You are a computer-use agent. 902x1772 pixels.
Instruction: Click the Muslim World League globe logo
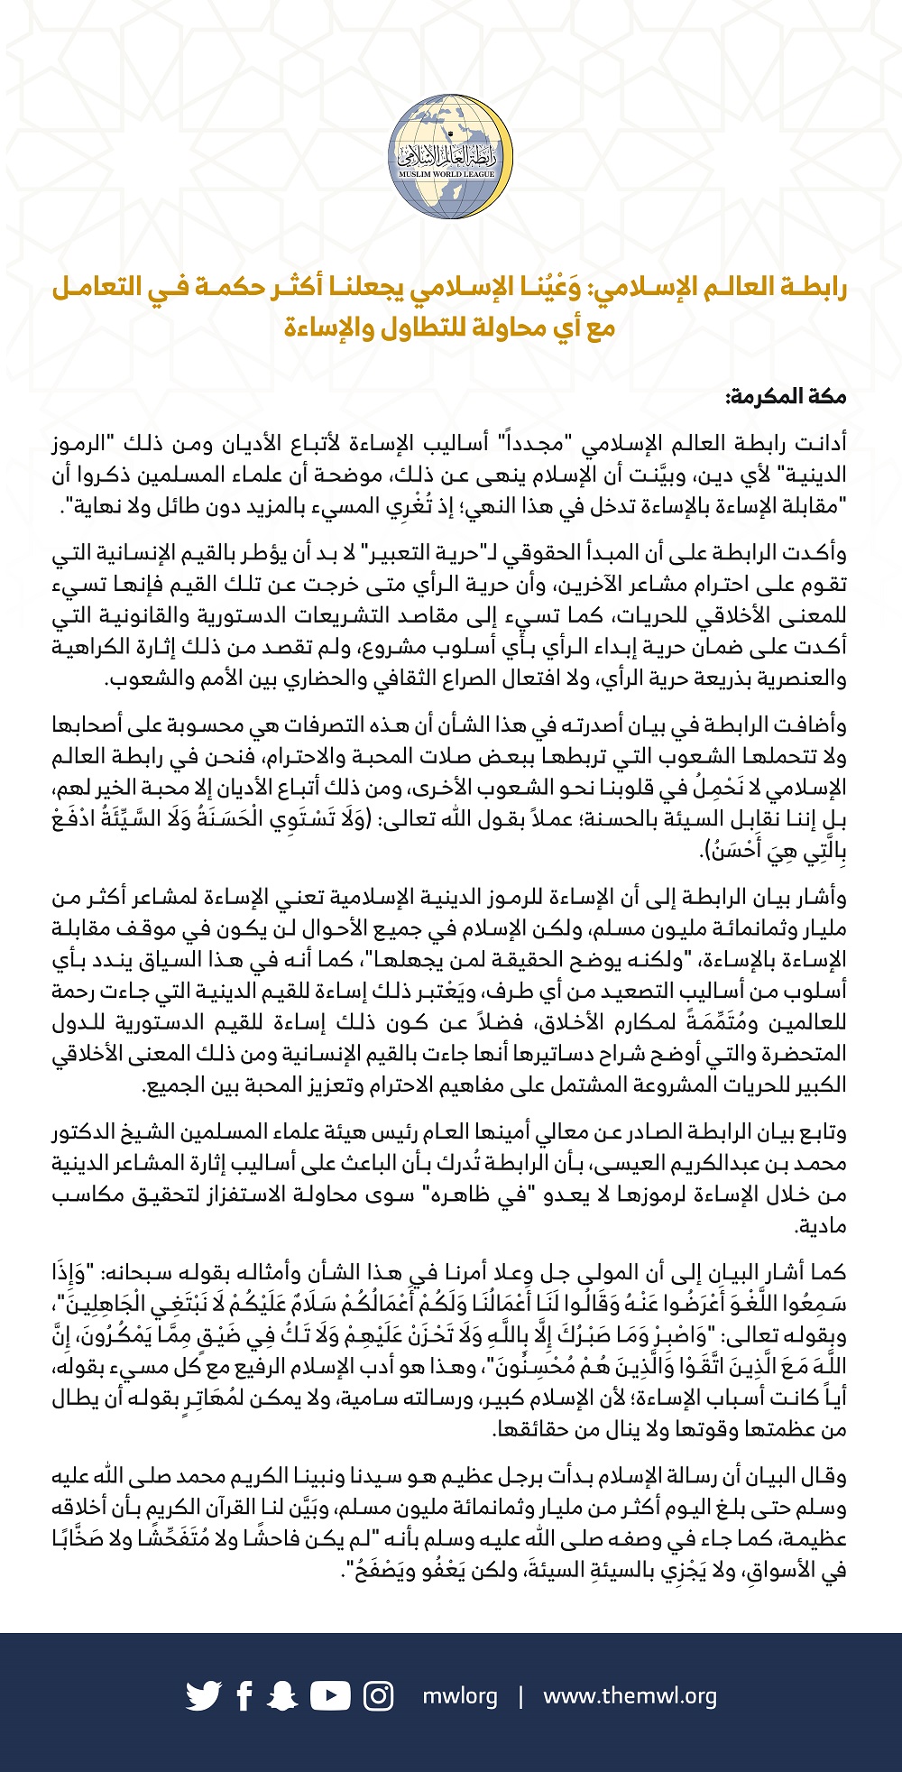coord(451,159)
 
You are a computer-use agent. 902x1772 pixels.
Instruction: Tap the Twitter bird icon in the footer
coord(203,1696)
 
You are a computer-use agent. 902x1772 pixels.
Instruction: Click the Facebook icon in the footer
coord(244,1696)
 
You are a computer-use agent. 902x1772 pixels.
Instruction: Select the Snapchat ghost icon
coord(284,1696)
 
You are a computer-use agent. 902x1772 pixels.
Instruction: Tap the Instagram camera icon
coord(379,1696)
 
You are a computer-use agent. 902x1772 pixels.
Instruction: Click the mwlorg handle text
coord(460,1696)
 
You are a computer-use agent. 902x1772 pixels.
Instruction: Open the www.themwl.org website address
coord(630,1696)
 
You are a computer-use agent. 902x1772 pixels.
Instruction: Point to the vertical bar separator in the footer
coord(520,1696)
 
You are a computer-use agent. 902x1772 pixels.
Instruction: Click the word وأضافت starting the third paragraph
coord(812,725)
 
